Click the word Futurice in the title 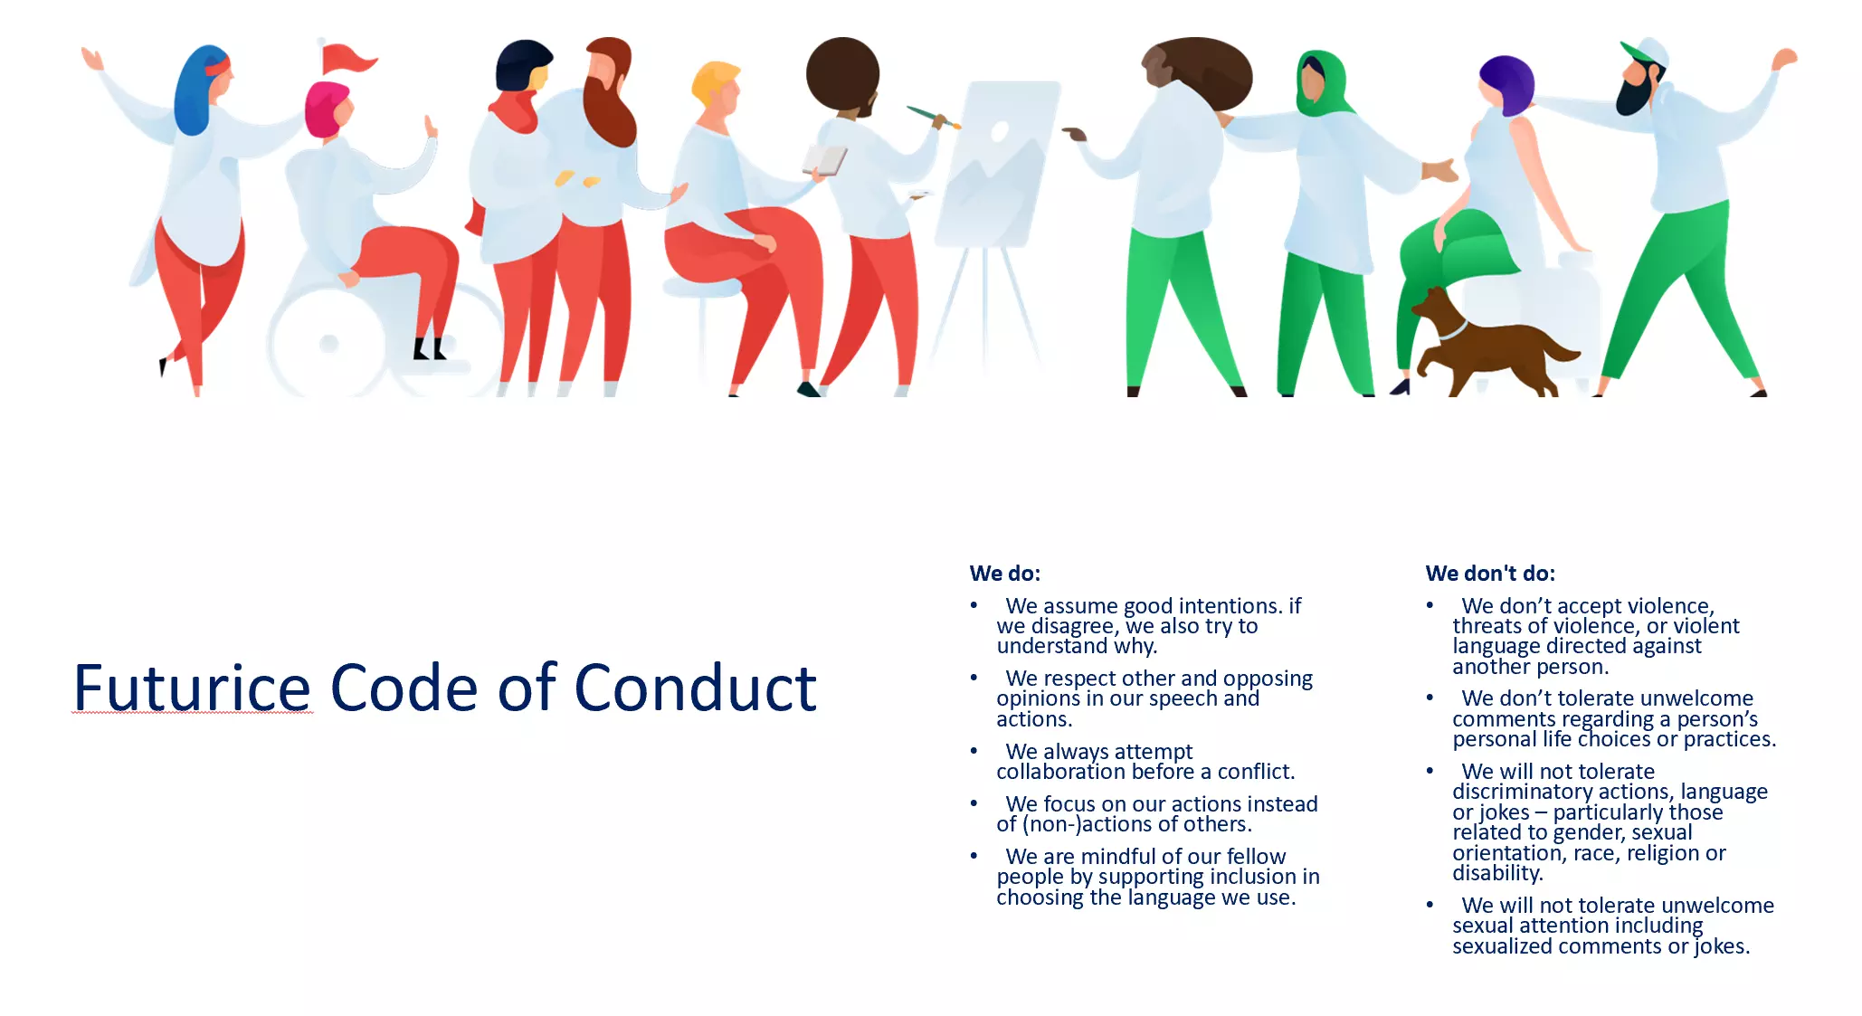193,688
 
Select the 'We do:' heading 1005,573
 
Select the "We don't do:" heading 1490,573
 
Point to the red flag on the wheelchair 348,59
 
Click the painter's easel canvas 995,163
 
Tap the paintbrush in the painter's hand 932,117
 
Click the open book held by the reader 824,160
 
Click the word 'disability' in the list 1496,873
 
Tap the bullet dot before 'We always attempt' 974,751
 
